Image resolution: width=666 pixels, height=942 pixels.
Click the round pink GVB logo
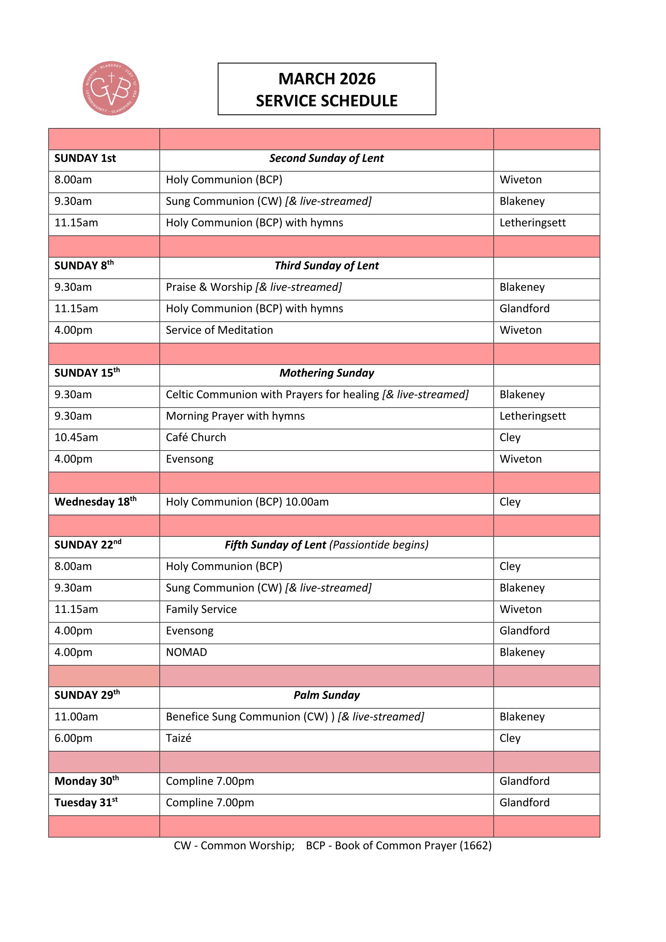(111, 88)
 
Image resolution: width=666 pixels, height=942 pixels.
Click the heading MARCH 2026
(327, 79)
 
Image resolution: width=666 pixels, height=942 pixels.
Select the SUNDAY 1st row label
(85, 158)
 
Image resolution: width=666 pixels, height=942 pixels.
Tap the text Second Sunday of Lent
(327, 158)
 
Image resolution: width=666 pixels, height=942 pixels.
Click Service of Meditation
(219, 330)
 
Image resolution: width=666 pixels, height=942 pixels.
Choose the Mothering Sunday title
(327, 373)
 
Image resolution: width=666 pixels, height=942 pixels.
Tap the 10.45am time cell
(76, 438)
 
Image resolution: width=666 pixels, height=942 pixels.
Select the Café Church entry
(196, 438)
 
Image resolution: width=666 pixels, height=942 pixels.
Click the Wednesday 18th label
(95, 502)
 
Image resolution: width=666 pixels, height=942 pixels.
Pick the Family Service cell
(201, 609)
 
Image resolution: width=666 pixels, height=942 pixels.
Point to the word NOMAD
(186, 652)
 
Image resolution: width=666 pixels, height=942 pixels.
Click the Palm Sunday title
(327, 696)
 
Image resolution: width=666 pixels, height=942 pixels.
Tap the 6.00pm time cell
(73, 739)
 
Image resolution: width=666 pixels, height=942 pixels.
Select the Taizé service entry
(178, 739)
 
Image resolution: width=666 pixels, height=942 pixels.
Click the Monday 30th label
(87, 781)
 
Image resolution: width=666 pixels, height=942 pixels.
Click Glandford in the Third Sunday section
(524, 308)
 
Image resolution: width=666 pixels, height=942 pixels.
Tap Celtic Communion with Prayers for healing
(272, 395)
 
